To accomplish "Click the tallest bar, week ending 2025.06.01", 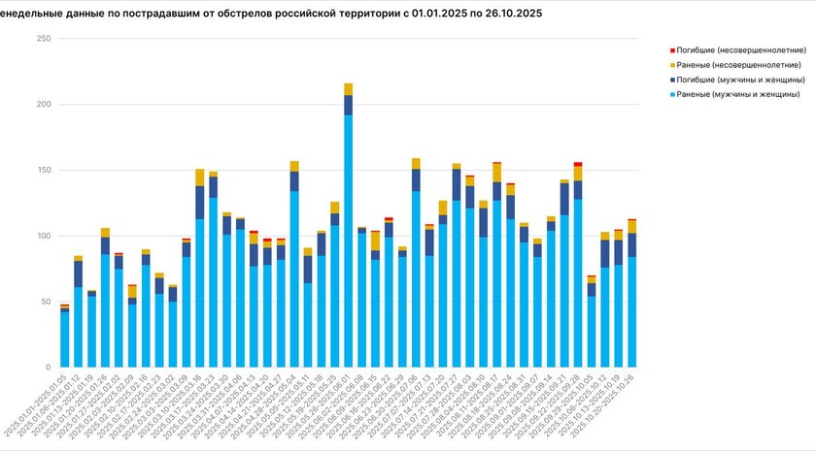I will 349,242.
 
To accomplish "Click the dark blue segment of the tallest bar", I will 349,105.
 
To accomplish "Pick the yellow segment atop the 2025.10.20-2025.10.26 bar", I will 631,227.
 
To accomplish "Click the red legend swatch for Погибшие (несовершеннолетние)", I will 673,48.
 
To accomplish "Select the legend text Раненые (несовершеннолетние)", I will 742,64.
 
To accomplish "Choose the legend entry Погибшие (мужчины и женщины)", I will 742,79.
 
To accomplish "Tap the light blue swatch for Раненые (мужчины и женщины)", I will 673,94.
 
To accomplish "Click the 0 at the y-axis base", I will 46,368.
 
